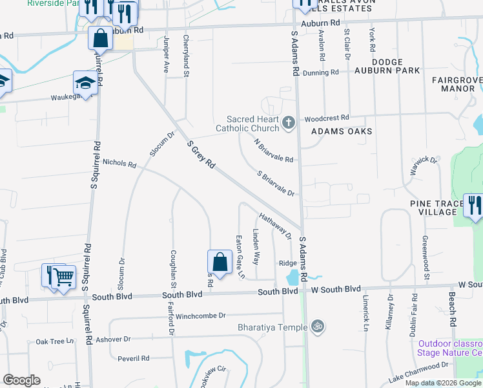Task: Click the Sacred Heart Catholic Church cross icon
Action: pyautogui.click(x=289, y=121)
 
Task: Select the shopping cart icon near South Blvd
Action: pyautogui.click(x=64, y=277)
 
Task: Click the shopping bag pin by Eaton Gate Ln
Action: pyautogui.click(x=220, y=263)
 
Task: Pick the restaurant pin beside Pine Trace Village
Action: pyautogui.click(x=474, y=206)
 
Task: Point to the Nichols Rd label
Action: pyautogui.click(x=119, y=164)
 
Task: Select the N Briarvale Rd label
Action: pyautogui.click(x=273, y=151)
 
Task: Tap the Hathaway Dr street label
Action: pyautogui.click(x=276, y=226)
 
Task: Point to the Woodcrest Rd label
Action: pyautogui.click(x=327, y=118)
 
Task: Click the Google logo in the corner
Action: pyautogui.click(x=21, y=380)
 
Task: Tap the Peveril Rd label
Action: pyautogui.click(x=134, y=358)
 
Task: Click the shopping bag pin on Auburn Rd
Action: pyautogui.click(x=101, y=39)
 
